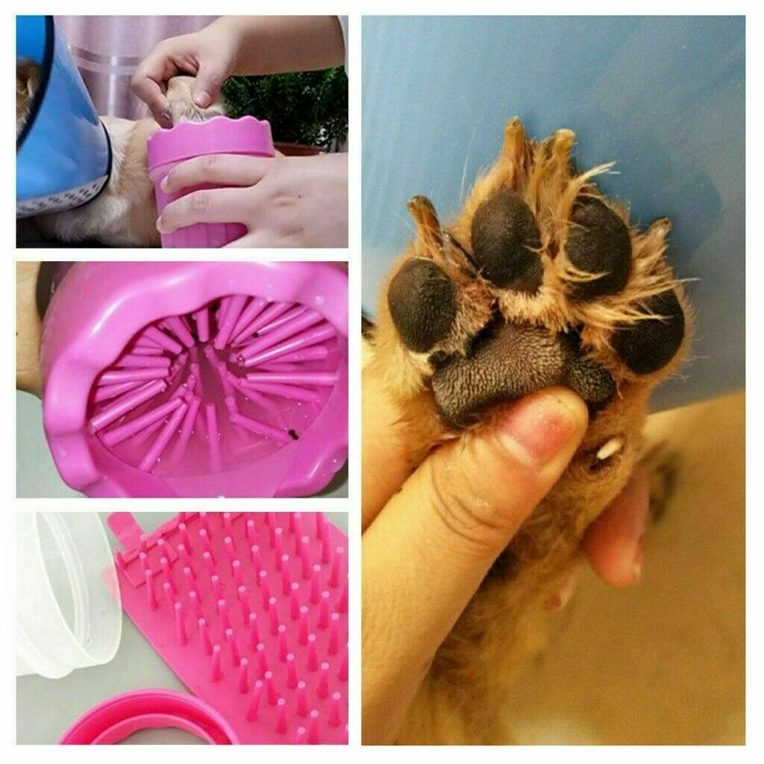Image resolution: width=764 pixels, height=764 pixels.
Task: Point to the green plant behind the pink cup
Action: pos(291,104)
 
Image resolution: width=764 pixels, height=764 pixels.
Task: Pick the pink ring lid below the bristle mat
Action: pos(149,720)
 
